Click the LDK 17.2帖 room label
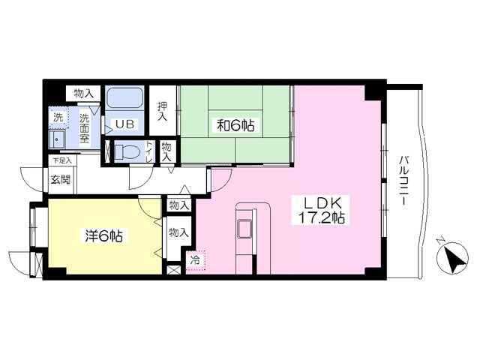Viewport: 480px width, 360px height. (322, 210)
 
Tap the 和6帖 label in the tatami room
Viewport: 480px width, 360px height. (235, 125)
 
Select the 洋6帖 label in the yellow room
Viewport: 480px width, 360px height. (103, 235)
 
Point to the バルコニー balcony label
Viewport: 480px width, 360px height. (403, 180)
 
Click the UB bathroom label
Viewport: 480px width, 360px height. (124, 124)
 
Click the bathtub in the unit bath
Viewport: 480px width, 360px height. (124, 97)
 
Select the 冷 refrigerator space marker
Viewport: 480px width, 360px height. (195, 260)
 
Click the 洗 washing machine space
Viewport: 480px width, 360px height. (58, 117)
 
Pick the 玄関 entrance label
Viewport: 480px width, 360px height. (61, 180)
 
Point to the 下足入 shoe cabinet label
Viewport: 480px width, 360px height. (61, 160)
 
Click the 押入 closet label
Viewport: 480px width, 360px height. (163, 111)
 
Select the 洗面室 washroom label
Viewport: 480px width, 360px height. (85, 128)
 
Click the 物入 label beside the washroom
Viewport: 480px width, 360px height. (83, 93)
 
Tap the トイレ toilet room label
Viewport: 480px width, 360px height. (149, 151)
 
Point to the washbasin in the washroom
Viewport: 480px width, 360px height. (57, 139)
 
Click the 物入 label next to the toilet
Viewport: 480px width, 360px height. (166, 151)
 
